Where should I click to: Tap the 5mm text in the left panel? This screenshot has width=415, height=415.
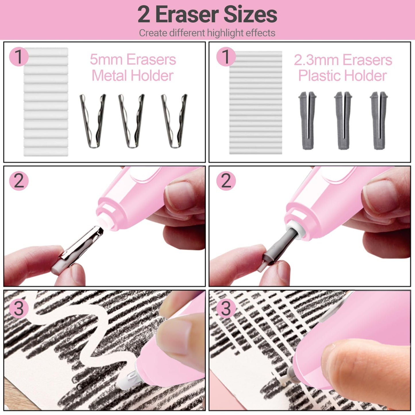pos(106,59)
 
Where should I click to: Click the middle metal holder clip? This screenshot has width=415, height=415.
pos(131,121)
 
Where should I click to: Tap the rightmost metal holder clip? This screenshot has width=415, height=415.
pos(174,121)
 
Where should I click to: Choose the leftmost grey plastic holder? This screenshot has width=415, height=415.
pos(307,121)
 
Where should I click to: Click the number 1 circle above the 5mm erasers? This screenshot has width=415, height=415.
pos(19,57)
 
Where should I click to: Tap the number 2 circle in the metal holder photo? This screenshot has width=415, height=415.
pos(19,181)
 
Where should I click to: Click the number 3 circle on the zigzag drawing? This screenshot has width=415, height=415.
pos(19,309)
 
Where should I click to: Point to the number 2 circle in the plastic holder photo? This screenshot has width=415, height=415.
pos(226,181)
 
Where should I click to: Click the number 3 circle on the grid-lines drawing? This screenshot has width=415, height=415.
pos(226,309)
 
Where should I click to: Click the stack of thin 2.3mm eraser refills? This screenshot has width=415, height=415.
pos(255,103)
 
